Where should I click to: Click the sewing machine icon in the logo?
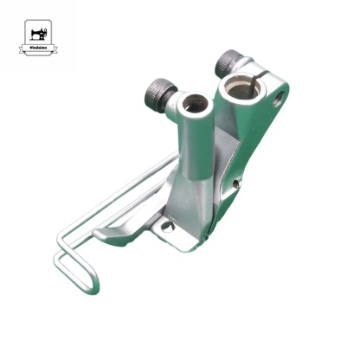38,34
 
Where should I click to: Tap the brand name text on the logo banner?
38,50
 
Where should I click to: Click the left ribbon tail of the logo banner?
22,52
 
